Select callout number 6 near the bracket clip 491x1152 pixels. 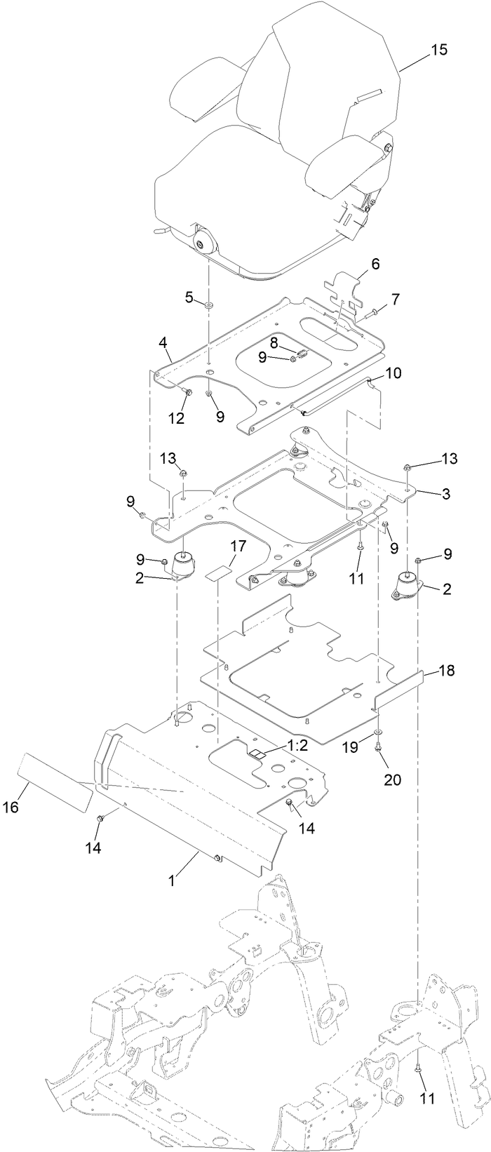coord(375,264)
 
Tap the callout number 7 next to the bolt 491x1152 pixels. coord(396,299)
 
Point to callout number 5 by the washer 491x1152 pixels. coord(189,297)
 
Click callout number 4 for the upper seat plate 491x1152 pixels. coord(163,343)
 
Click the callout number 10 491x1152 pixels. coord(393,373)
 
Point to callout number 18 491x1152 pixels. coord(447,671)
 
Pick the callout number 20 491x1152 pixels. coord(392,779)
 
